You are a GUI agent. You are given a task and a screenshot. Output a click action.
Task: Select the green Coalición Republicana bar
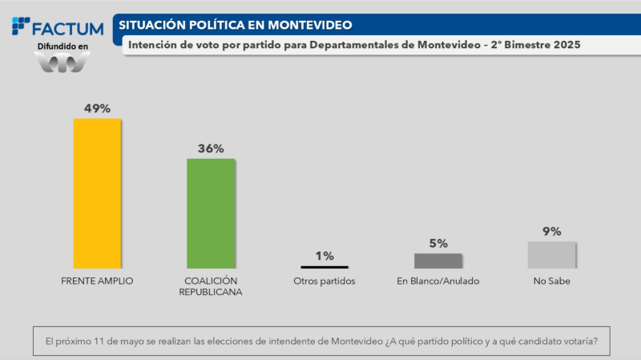[x=211, y=212]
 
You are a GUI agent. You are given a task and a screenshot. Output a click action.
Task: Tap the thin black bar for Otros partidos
[x=325, y=267]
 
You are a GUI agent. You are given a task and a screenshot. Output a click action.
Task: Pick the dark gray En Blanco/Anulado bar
[x=438, y=261]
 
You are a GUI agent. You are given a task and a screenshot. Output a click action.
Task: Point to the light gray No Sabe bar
[x=551, y=254]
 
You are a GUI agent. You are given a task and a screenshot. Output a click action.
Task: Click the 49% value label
[x=97, y=108]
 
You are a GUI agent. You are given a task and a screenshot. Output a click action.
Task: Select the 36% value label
[x=211, y=148]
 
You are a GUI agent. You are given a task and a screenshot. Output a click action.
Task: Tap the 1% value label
[x=325, y=256]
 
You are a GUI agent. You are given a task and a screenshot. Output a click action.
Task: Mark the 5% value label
[x=438, y=243]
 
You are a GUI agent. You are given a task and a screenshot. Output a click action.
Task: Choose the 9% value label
[x=551, y=232]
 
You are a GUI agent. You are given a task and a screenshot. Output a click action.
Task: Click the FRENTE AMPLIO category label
[x=97, y=281]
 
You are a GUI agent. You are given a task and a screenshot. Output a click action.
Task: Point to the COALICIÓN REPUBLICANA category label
[x=211, y=286]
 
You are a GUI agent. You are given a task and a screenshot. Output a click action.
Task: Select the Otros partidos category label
[x=325, y=281]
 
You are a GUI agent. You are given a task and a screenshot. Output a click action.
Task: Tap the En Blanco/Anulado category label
[x=438, y=281]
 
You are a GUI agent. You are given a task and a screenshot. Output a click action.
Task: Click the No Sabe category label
[x=551, y=281]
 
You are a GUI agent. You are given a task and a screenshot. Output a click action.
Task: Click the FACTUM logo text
[x=67, y=29]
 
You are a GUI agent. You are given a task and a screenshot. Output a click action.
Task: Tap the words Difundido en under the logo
[x=63, y=47]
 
